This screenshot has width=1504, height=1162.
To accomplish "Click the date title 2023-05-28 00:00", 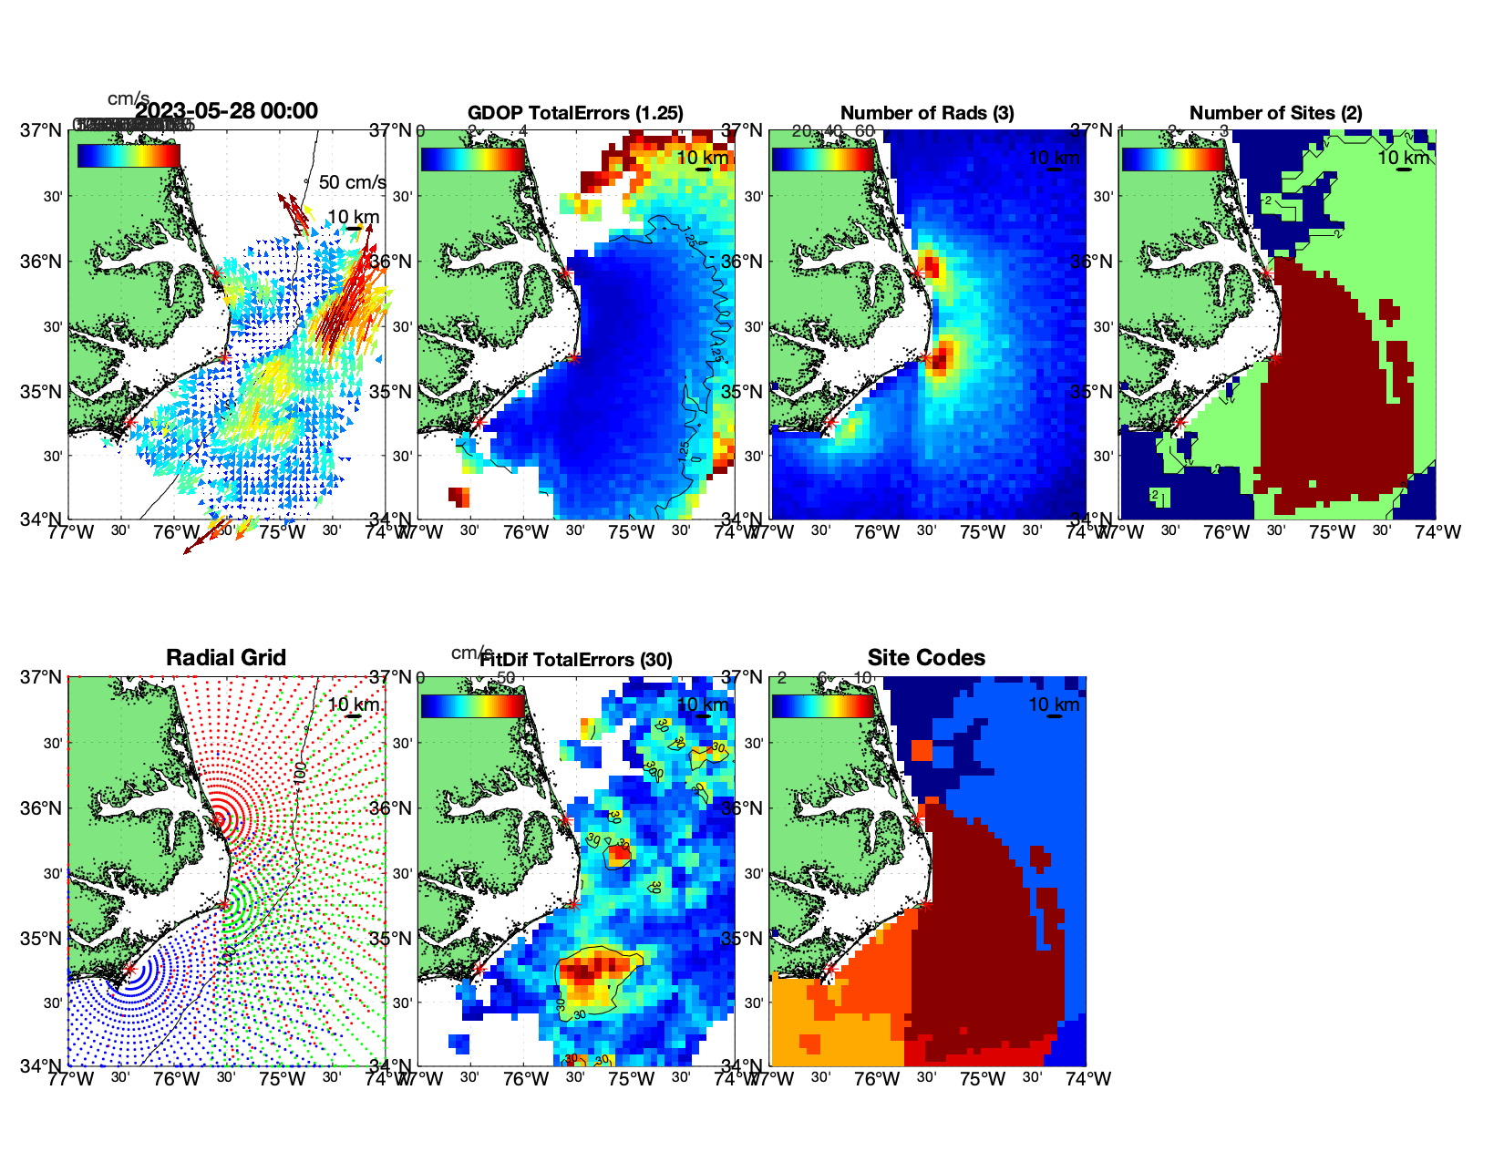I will [x=226, y=111].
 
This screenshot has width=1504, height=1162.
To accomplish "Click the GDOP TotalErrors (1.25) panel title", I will [x=575, y=113].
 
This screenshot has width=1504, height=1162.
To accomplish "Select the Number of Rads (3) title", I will [x=927, y=113].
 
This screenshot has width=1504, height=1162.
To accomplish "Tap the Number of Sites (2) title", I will [x=1275, y=113].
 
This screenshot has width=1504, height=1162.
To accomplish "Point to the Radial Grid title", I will [x=226, y=658].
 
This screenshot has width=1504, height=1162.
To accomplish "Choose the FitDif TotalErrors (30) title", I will [x=576, y=660].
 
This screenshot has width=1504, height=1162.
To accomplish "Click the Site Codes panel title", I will [x=926, y=658].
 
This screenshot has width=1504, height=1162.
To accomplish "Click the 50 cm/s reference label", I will [x=352, y=182].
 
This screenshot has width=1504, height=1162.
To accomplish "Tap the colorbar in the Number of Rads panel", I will [x=823, y=159].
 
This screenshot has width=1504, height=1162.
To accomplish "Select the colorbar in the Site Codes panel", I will [x=823, y=705].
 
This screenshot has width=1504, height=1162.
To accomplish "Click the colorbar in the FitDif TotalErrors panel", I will [x=472, y=705].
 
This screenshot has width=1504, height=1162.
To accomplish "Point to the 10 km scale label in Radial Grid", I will [x=354, y=704].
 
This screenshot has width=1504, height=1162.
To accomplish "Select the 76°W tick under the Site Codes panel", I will [x=877, y=1079].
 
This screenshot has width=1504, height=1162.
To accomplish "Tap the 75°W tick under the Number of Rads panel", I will [x=983, y=532].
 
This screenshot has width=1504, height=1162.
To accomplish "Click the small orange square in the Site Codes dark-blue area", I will [x=922, y=750].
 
